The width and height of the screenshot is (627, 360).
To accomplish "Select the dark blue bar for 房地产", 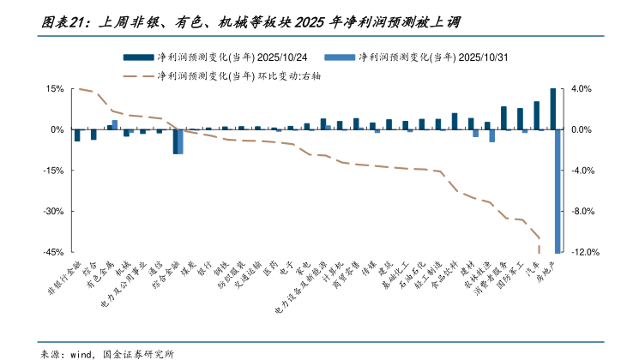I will tap(552, 109).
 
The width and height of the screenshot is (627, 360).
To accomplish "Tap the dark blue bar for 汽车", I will tap(536, 116).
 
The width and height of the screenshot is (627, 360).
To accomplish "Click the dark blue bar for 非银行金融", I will tap(76, 135).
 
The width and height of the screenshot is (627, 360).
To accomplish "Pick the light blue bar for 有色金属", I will tap(114, 124).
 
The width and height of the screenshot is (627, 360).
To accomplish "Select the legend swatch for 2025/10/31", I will tap(340, 57).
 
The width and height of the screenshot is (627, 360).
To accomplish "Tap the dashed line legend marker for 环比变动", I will tap(137, 75).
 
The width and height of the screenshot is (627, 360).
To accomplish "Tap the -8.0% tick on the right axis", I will tap(582, 212).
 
